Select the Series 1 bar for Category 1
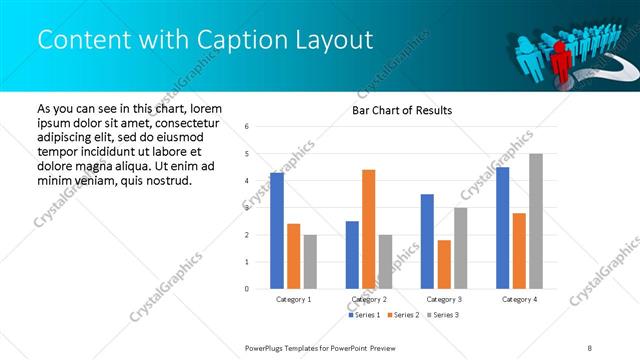pos(277,231)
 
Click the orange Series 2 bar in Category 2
pos(368,229)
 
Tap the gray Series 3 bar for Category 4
pos(535,221)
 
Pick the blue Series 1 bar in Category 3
pos(427,241)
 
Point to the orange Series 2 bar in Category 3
pos(444,264)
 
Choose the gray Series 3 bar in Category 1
pos(310,261)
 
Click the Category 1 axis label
pos(293,299)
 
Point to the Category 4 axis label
pos(518,299)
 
